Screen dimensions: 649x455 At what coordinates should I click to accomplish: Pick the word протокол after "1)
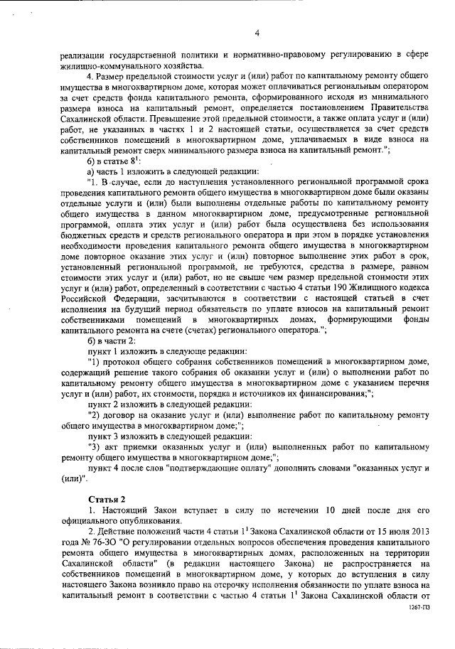(120, 362)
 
